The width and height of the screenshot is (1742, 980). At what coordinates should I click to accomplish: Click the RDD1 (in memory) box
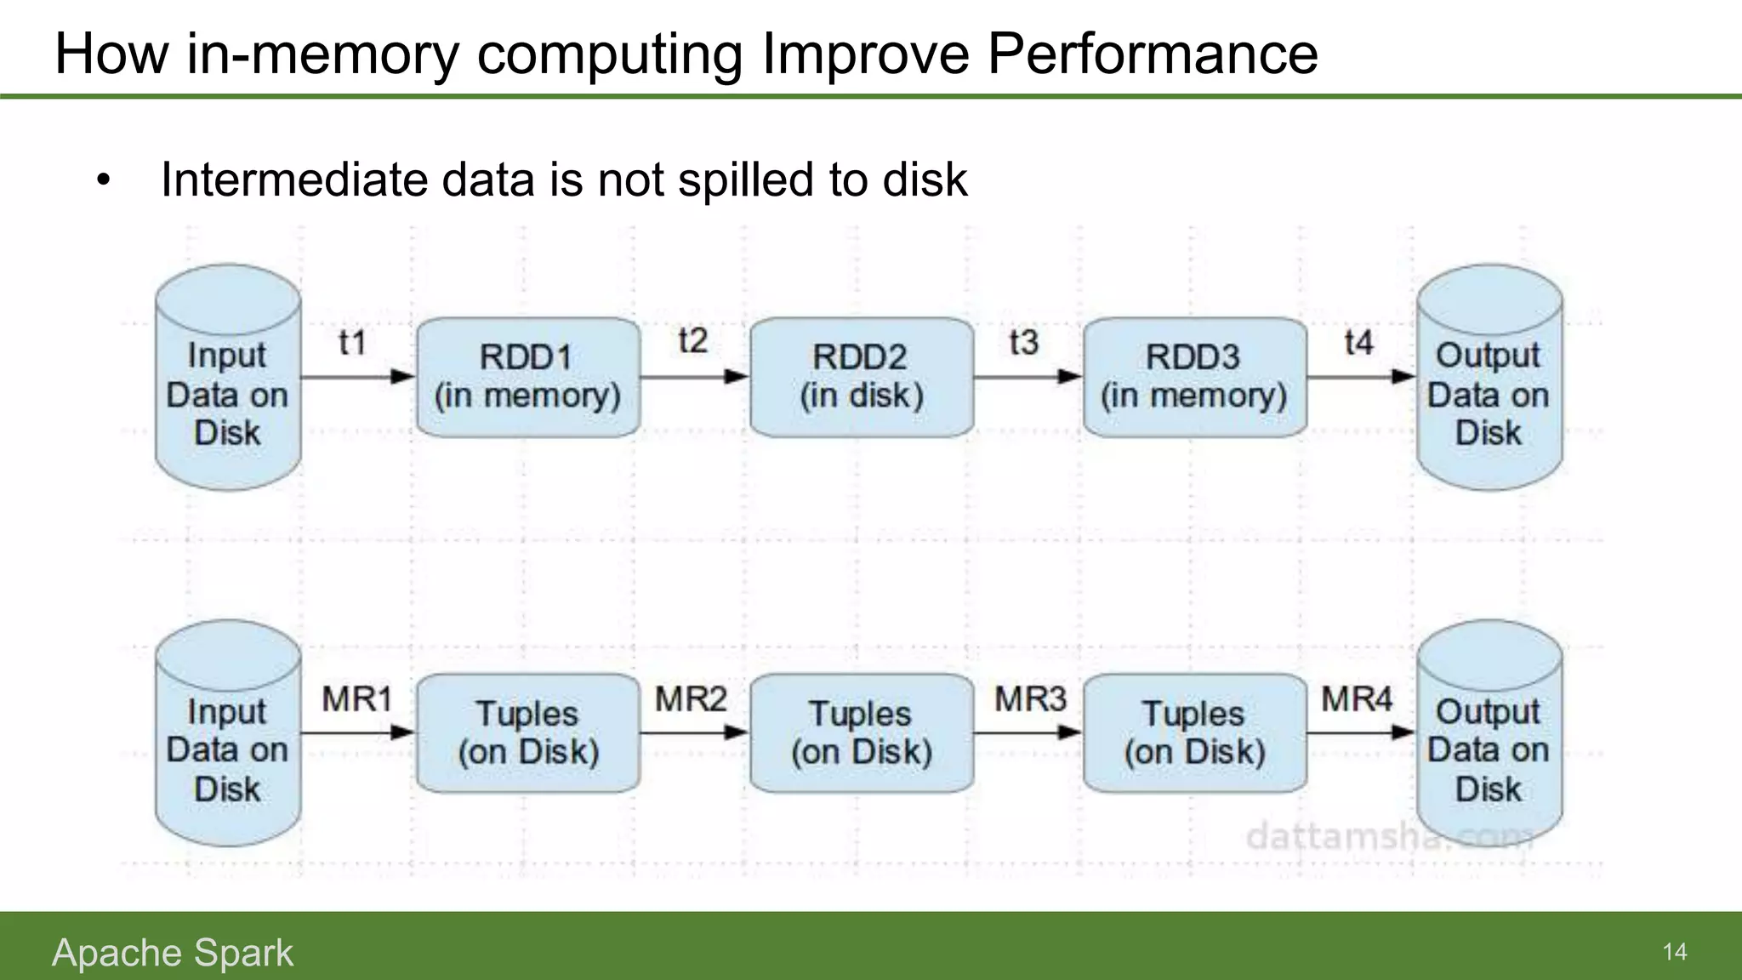527,377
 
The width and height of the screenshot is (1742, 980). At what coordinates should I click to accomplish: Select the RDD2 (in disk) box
861,377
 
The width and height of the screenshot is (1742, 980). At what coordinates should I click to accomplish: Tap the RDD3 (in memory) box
1194,377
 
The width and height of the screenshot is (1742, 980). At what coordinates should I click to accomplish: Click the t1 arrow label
352,343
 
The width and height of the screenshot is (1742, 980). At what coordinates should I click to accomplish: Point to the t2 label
692,341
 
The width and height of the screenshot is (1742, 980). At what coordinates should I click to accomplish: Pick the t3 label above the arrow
1023,343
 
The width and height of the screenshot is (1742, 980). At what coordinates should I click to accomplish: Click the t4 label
1358,343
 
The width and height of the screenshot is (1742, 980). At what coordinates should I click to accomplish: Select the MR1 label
356,699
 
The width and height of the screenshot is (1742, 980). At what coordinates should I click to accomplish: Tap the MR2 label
690,699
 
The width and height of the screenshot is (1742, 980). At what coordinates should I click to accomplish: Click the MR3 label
1030,699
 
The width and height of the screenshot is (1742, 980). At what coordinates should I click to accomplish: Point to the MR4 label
1356,699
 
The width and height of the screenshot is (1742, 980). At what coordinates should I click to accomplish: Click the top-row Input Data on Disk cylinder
227,379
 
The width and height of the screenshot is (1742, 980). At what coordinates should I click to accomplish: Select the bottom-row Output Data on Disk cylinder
1489,733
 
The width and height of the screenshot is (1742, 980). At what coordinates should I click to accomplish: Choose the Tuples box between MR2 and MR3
861,733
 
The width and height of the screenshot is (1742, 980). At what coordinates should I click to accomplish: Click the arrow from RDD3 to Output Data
1360,376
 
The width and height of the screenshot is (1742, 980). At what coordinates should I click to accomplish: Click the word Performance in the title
1152,53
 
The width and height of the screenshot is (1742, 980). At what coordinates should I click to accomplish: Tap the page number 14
1674,952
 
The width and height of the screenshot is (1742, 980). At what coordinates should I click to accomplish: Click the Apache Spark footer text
173,952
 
